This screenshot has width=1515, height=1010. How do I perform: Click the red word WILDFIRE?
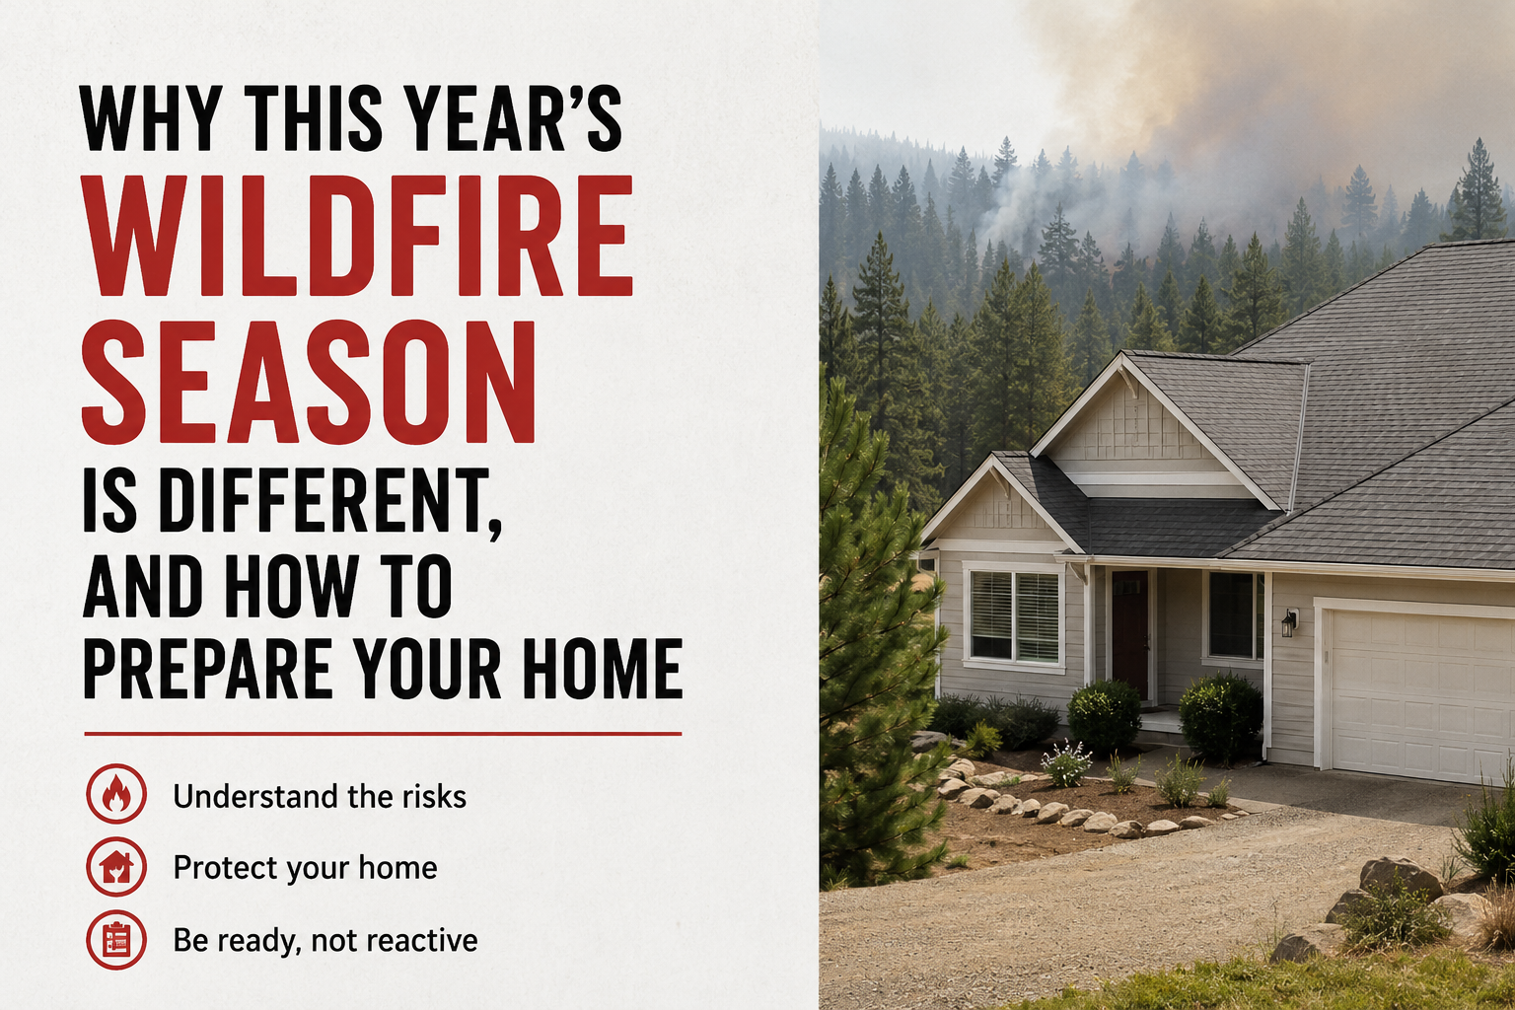click(x=357, y=236)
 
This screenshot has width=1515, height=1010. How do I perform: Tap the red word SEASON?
click(x=309, y=383)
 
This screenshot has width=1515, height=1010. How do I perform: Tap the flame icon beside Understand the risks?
click(x=115, y=794)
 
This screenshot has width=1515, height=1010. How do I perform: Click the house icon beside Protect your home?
click(x=115, y=867)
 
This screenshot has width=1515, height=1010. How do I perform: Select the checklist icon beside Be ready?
click(x=115, y=940)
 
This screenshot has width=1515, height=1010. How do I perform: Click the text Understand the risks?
click(x=320, y=796)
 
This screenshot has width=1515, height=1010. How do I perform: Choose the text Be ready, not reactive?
click(x=325, y=941)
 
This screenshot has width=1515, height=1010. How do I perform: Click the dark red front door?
click(x=1129, y=635)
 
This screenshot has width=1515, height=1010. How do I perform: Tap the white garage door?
click(x=1417, y=694)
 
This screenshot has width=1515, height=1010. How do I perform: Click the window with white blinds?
click(x=1015, y=615)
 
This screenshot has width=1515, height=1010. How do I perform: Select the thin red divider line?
click(x=383, y=733)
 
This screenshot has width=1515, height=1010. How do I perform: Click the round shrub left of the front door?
click(x=1104, y=715)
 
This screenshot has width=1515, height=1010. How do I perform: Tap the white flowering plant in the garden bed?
click(x=1066, y=763)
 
